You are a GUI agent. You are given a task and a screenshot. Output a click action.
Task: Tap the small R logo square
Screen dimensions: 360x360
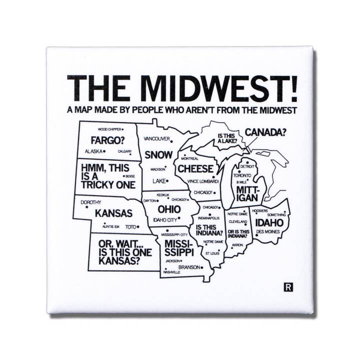[287, 287]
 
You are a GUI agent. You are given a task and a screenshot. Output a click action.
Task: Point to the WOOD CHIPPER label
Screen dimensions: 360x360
[108, 129]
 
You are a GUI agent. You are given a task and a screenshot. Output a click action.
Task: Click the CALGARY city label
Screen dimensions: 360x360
[124, 151]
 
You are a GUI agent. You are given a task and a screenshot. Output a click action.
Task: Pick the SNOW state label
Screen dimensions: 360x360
[158, 154]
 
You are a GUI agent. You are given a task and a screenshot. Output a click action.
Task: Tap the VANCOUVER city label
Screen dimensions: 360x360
[156, 138]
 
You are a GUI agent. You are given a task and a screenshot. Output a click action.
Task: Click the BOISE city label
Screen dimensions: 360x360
[130, 176]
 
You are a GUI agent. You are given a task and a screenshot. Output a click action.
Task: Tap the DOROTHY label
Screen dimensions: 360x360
[90, 202]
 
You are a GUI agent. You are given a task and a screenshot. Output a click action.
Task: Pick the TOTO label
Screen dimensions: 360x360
[130, 226]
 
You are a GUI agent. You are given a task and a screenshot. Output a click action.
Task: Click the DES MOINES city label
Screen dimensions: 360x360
[267, 232]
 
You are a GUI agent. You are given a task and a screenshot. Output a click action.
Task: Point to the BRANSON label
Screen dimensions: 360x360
[188, 267]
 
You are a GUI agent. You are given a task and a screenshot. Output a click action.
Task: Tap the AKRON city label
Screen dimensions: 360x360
[237, 245]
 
